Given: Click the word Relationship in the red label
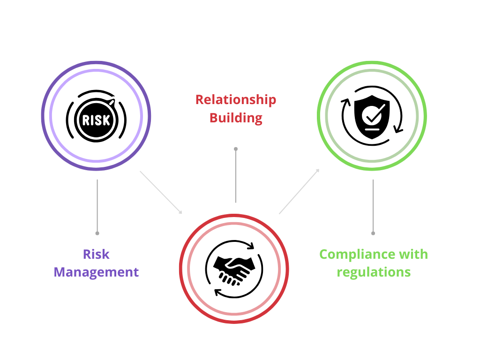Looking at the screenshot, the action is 236,100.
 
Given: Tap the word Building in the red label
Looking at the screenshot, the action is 236,118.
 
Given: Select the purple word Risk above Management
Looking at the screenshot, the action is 96,255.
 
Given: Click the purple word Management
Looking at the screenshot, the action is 96,272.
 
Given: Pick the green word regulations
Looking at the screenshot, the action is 374,272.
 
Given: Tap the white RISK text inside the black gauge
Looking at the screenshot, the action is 96,120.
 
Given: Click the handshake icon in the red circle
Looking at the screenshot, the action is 234,269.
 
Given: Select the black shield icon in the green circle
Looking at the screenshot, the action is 372,117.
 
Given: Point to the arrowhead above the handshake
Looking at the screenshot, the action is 251,246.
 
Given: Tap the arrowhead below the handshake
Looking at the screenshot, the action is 217,293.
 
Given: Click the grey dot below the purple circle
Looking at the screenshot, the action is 97,233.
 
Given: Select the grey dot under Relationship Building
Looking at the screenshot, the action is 236,149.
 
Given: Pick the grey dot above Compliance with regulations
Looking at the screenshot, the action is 373,233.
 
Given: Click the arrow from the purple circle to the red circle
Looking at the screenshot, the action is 161,192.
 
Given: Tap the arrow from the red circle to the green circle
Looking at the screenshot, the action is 299,191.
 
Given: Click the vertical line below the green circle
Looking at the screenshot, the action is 373,206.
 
